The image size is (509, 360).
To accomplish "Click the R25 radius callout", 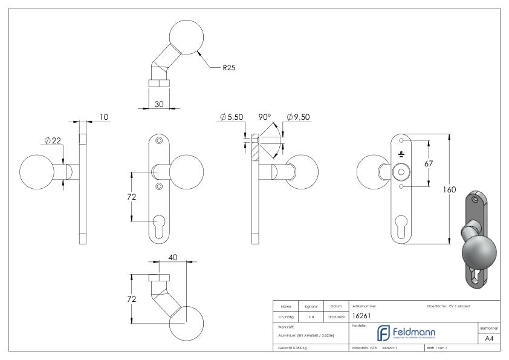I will [x=229, y=68].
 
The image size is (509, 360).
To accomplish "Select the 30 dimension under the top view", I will [x=159, y=104].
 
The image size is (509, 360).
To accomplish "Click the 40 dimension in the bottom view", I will [x=173, y=257].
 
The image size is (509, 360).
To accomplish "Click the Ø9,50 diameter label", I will [x=299, y=116].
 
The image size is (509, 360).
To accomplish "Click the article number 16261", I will [x=361, y=315].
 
